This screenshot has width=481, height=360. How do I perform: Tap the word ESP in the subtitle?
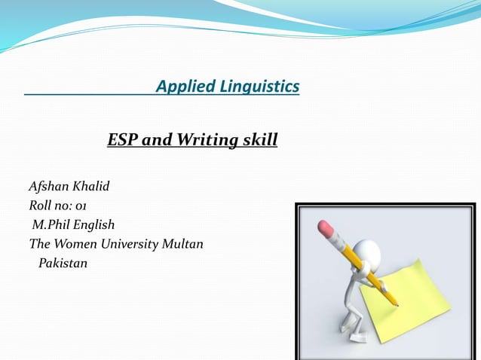[x=122, y=139]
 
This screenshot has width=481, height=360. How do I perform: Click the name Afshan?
[x=49, y=185]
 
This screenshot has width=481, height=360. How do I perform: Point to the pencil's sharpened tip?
[x=397, y=305]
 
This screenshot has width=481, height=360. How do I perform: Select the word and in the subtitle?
[x=156, y=139]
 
